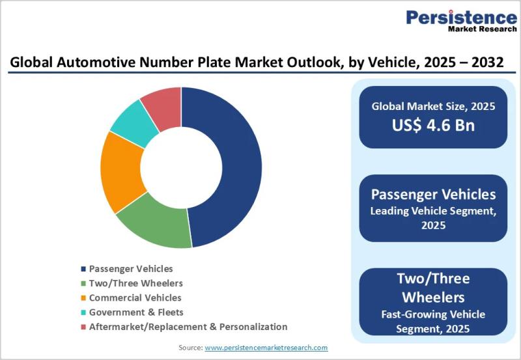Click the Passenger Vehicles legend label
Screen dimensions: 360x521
(x=131, y=268)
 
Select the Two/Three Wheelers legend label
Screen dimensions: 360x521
(x=135, y=283)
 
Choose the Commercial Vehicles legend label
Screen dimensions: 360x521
(x=135, y=298)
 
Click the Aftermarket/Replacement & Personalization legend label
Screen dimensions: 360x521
(x=188, y=326)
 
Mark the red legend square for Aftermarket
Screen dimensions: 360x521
(x=83, y=327)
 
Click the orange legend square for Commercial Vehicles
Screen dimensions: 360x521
(x=83, y=298)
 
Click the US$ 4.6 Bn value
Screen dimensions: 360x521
(x=433, y=125)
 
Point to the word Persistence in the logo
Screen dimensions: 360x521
(x=461, y=16)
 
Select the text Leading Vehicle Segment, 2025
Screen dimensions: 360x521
(x=433, y=218)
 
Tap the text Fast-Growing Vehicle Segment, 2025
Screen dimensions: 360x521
(x=433, y=322)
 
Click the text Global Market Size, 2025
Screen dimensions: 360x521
(x=433, y=106)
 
